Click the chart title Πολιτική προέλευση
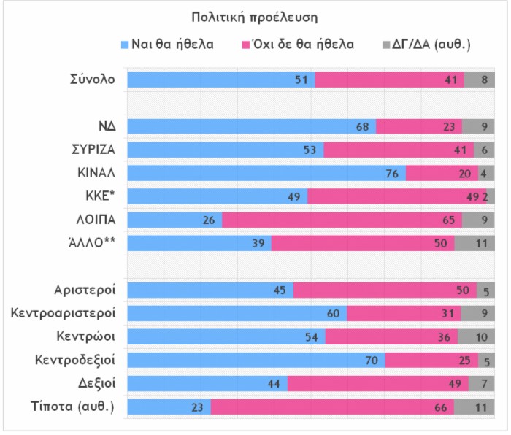[x=255, y=16]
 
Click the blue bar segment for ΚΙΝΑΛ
[x=266, y=173]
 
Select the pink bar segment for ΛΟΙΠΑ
[x=342, y=220]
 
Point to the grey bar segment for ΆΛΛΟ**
[x=474, y=243]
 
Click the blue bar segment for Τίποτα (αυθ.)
[x=169, y=407]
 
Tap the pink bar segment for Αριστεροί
[x=385, y=290]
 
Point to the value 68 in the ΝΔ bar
[x=361, y=126]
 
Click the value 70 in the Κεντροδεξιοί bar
[x=370, y=360]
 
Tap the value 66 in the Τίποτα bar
[x=440, y=407]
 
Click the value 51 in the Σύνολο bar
[x=300, y=80]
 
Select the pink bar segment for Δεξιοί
[x=378, y=383]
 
